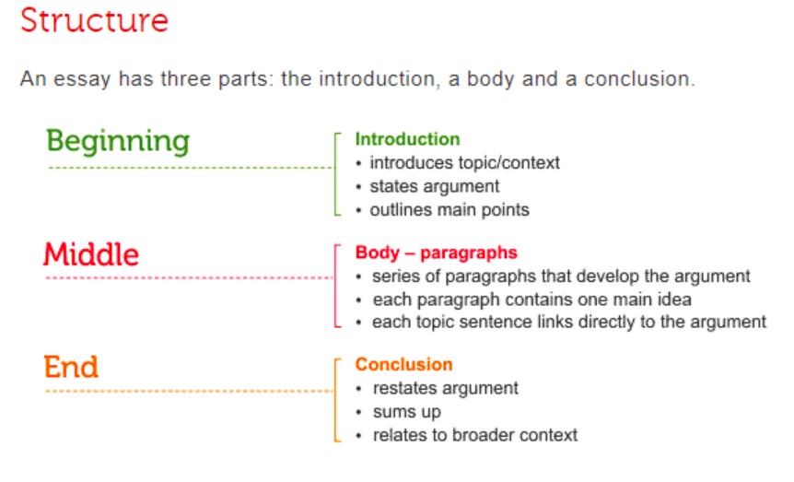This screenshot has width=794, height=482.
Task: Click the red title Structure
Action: tap(94, 21)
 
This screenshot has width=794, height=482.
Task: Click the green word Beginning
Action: tap(118, 141)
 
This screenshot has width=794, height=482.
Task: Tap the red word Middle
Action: tap(91, 254)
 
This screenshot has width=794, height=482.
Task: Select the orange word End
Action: tap(71, 367)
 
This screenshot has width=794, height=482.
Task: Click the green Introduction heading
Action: tap(408, 139)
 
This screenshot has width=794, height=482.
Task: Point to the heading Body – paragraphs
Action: tap(436, 253)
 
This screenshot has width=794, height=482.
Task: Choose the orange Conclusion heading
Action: tap(403, 364)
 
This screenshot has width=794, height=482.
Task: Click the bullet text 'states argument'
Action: tap(435, 187)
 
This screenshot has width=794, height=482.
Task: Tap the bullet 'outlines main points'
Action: tap(450, 210)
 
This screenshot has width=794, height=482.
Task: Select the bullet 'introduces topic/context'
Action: tap(465, 163)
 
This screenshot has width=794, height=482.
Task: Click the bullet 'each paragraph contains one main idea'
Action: tap(532, 300)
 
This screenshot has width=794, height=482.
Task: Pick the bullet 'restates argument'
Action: tap(446, 389)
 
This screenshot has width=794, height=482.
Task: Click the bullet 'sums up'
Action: tap(407, 413)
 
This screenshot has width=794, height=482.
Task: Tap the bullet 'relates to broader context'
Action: tap(475, 435)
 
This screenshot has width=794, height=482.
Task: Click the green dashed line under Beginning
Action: tap(191, 167)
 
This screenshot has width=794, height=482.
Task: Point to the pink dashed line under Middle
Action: tap(190, 277)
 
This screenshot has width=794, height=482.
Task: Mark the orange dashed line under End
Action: tap(190, 392)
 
